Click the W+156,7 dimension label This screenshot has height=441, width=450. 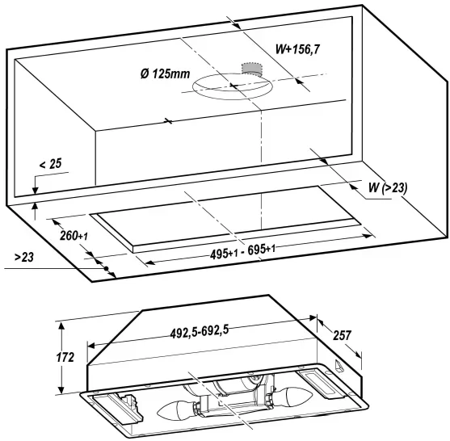click(x=297, y=49)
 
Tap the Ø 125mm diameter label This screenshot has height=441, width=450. click(x=166, y=73)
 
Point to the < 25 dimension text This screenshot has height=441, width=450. click(x=51, y=164)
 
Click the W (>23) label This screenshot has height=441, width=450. click(x=388, y=188)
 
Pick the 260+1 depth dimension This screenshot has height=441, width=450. click(x=74, y=236)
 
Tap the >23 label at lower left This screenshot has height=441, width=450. click(x=24, y=257)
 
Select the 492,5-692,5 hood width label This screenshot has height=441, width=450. click(x=200, y=332)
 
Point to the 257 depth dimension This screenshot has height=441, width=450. click(x=342, y=335)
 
